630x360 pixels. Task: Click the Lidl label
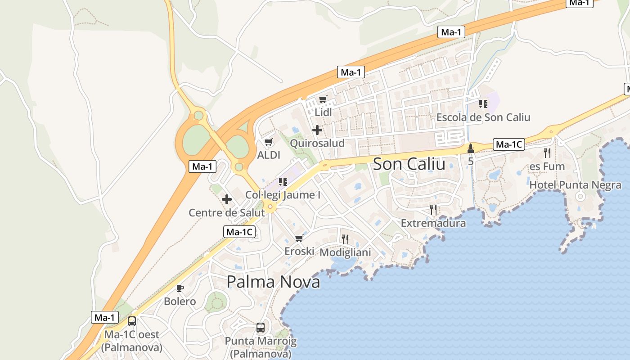coord(323,112)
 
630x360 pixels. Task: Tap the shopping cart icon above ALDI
coord(269,142)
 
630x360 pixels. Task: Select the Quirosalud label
coord(317,143)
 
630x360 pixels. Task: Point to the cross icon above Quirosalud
coord(317,130)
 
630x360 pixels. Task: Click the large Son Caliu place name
coord(409,164)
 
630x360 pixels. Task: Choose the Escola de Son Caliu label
coord(483,117)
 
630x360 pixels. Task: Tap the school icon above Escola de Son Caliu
coord(483,104)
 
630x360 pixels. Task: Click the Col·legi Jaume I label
coord(283,195)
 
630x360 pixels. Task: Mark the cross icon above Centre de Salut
coord(227,199)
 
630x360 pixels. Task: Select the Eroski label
coord(299,251)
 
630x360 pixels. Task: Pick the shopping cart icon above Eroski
coord(299,238)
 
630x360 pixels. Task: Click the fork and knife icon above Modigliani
coord(345,239)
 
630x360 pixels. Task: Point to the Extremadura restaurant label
coord(433,223)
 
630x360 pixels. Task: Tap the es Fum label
coord(547,166)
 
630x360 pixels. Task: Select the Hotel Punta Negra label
coord(575,185)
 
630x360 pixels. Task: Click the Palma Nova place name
coord(273,282)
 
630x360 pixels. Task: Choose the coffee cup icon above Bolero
coord(180,288)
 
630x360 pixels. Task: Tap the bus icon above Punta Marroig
coord(261,328)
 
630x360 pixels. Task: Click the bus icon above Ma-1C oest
coord(132,321)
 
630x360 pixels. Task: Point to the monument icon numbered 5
coord(471,148)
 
